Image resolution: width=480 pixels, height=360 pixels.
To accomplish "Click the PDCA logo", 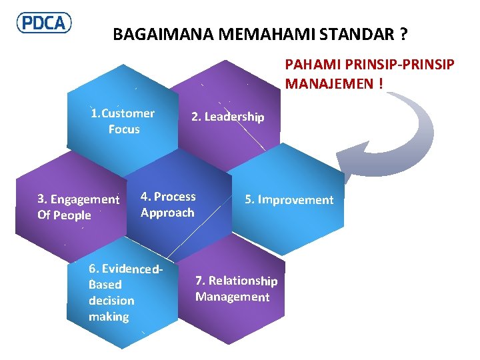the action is click(x=44, y=23).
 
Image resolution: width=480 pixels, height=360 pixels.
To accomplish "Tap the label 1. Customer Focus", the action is click(x=123, y=121).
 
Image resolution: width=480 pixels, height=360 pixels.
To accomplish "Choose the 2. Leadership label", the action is click(x=227, y=117).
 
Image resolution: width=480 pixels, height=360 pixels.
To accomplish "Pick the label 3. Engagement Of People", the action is click(x=78, y=207).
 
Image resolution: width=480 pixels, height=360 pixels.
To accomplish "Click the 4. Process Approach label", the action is click(x=168, y=205).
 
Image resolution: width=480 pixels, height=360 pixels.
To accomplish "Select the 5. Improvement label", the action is click(x=289, y=200).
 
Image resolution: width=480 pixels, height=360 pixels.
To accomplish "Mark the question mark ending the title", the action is click(x=404, y=34).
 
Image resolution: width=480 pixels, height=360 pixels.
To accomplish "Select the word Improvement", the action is click(x=295, y=200).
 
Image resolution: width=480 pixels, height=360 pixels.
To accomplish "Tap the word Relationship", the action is click(x=243, y=281).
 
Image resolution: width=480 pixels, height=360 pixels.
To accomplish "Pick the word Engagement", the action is click(x=85, y=199).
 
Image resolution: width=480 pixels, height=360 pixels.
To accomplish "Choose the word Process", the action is click(x=175, y=197).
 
